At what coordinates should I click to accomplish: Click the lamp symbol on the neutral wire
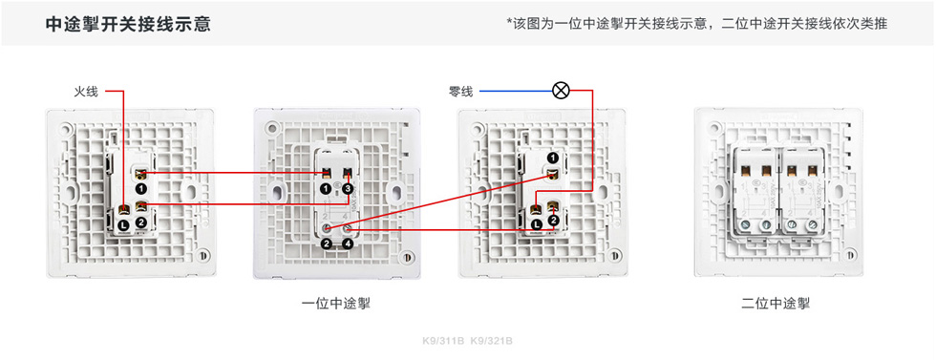pyautogui.click(x=562, y=92)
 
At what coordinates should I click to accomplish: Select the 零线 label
pyautogui.click(x=460, y=92)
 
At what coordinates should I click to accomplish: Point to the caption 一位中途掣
pyautogui.click(x=336, y=305)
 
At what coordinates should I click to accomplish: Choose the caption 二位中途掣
pyautogui.click(x=776, y=305)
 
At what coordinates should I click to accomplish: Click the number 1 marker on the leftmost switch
pyautogui.click(x=140, y=189)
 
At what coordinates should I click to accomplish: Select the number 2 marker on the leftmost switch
pyautogui.click(x=141, y=222)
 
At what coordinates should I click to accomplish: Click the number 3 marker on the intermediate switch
pyautogui.click(x=349, y=189)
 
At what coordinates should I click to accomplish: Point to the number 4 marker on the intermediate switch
pyautogui.click(x=349, y=244)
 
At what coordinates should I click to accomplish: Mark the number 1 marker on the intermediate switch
pyautogui.click(x=326, y=189)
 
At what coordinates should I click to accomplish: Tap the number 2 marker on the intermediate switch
pyautogui.click(x=326, y=244)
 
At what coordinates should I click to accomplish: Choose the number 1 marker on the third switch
pyautogui.click(x=552, y=156)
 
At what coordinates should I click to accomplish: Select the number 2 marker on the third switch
pyautogui.click(x=552, y=222)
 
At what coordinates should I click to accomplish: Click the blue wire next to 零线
pyautogui.click(x=516, y=92)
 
